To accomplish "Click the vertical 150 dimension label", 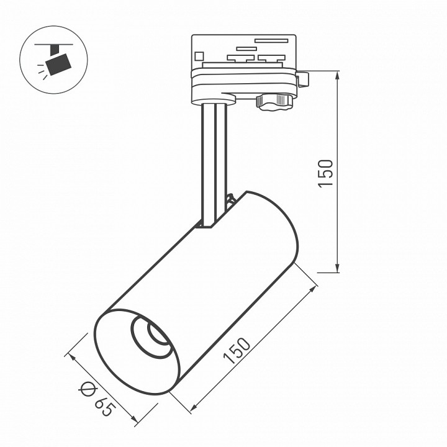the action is coord(325,173).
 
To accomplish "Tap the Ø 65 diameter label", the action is coord(97,399).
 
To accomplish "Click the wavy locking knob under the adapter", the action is coord(274,102).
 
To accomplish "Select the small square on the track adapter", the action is coord(199,56).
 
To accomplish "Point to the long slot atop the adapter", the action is coord(271,40).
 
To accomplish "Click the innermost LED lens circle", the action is coord(158,334).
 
